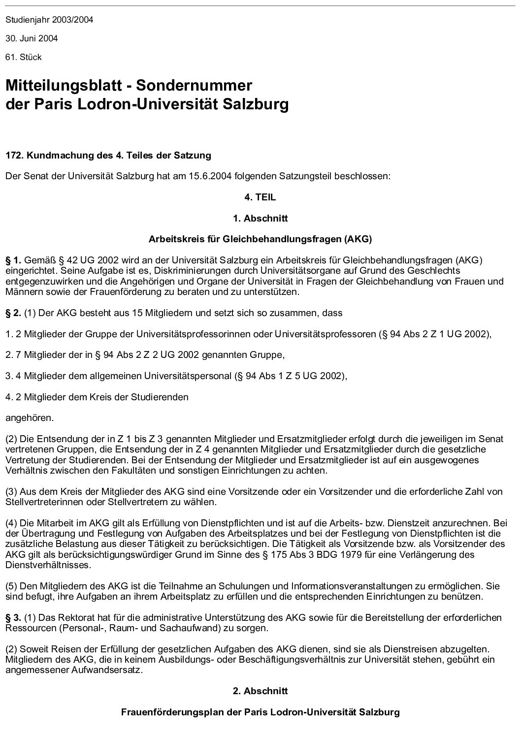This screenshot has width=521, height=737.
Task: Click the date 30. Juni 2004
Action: pyautogui.click(x=32, y=38)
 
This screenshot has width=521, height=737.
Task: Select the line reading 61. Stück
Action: pyautogui.click(x=24, y=57)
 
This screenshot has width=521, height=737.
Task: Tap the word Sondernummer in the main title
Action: pyautogui.click(x=194, y=86)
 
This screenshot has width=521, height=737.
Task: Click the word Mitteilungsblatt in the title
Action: pyautogui.click(x=64, y=86)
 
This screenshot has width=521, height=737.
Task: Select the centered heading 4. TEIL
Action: pyautogui.click(x=260, y=197)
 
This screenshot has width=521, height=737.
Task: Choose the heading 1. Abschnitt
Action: pyautogui.click(x=260, y=218)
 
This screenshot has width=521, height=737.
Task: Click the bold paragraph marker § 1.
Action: pyautogui.click(x=13, y=260)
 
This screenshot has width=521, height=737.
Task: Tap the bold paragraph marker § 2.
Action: pyautogui.click(x=13, y=313)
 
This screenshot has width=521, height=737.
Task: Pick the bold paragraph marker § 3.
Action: pyautogui.click(x=13, y=617)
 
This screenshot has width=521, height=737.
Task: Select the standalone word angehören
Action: pyautogui.click(x=29, y=418)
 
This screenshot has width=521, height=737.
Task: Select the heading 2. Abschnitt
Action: pyautogui.click(x=260, y=691)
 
